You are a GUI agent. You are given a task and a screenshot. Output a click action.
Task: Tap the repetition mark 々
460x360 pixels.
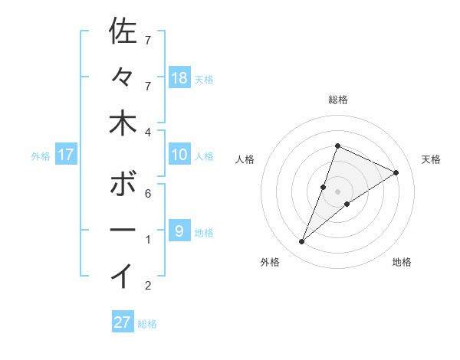(123, 77)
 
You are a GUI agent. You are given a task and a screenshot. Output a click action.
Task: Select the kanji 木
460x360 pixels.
(123, 123)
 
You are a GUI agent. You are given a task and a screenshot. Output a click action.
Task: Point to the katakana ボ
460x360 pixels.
(123, 185)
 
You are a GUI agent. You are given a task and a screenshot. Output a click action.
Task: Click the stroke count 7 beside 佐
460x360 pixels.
(148, 40)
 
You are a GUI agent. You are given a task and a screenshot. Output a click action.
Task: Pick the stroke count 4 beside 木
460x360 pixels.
(148, 132)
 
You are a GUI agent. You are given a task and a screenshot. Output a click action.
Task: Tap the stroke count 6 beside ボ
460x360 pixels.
(148, 193)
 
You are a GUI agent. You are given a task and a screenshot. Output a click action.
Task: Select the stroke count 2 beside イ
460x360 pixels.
(148, 286)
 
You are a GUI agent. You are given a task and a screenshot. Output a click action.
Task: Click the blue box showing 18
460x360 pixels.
(179, 78)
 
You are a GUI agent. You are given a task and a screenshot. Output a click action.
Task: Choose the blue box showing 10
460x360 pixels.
(179, 155)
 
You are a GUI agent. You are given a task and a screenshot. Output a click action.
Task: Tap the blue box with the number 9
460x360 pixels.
(179, 231)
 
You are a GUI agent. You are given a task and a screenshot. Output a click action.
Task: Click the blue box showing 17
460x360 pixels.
(66, 155)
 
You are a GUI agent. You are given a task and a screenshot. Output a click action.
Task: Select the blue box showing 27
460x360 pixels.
(123, 322)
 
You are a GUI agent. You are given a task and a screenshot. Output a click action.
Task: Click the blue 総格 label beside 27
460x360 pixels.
(147, 324)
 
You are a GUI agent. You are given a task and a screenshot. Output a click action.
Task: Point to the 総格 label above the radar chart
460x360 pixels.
(338, 100)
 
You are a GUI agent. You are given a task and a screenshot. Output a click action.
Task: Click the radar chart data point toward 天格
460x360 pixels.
(396, 173)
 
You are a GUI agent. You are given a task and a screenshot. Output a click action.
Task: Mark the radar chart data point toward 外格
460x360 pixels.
(301, 242)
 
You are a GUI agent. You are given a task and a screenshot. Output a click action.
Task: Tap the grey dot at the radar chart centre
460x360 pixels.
(338, 191)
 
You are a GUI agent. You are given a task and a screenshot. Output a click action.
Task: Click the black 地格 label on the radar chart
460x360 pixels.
(402, 263)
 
